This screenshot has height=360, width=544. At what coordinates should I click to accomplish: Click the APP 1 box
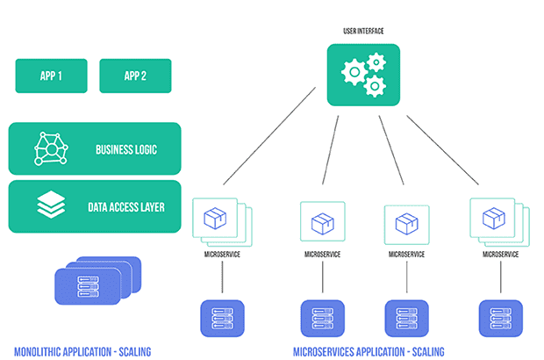pos(51,76)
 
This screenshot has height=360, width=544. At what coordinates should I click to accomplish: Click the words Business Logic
pos(125,149)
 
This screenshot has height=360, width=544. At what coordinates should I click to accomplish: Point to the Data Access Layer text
pos(125,207)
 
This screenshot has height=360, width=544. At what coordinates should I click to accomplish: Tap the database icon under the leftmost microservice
pos(219,317)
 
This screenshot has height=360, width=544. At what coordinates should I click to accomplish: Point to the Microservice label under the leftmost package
pos(219,253)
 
